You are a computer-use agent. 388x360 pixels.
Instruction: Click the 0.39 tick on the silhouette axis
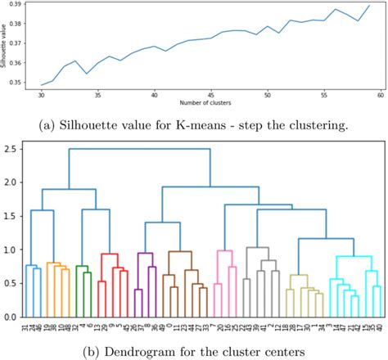(20, 6)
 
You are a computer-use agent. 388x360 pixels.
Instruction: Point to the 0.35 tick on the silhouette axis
(20, 83)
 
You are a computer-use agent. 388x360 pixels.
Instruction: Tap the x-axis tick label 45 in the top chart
(211, 95)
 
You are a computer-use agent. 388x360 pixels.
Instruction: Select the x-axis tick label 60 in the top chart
(381, 95)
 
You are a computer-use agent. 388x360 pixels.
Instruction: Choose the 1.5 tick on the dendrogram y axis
(11, 216)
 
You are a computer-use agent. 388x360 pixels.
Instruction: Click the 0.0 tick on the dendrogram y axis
(11, 317)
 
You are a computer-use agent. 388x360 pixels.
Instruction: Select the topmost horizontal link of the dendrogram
(139, 149)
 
